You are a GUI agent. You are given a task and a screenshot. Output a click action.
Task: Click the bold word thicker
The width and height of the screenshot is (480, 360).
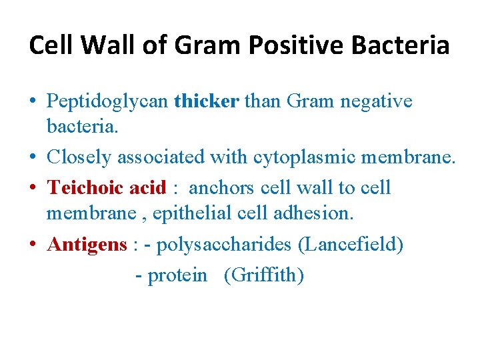pos(206,101)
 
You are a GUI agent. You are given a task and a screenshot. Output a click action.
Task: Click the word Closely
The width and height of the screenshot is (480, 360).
pos(79,158)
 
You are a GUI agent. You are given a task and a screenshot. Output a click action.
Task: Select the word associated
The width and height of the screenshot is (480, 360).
pos(161,158)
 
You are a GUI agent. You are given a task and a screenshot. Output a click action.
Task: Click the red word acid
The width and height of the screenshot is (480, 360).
pos(147,187)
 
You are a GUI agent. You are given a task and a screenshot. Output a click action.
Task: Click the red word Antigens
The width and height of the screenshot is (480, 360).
pos(87,245)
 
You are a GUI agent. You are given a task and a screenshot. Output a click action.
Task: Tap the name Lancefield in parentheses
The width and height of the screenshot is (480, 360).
pos(351,245)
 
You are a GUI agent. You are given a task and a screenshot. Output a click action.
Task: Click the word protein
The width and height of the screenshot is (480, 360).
pos(177,275)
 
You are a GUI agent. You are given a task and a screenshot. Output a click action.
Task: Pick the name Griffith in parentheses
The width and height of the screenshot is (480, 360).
pos(264,275)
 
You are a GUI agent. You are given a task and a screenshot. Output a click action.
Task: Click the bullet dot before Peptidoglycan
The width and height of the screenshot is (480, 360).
pos(33,103)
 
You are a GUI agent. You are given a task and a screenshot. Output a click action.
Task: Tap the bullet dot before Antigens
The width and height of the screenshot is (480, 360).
pos(33,245)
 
